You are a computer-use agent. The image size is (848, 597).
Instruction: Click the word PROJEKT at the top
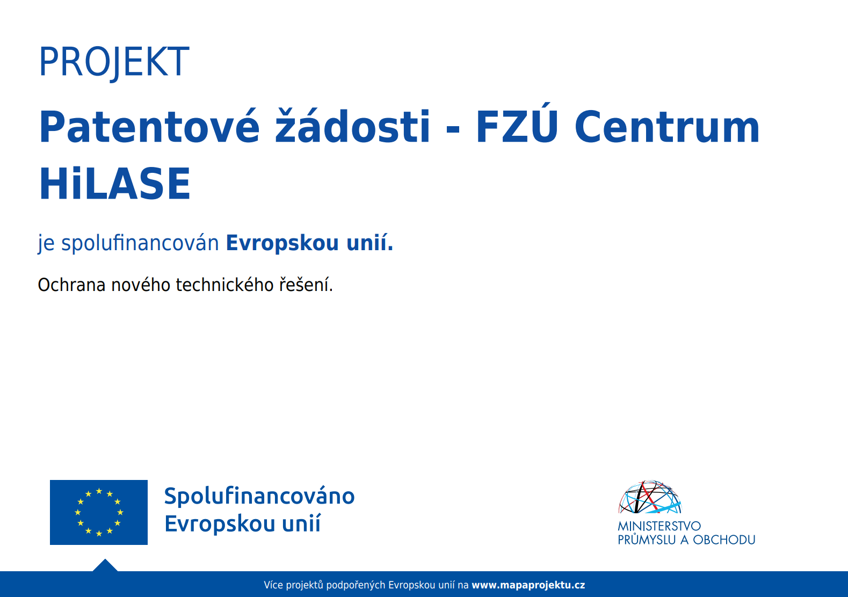click(114, 62)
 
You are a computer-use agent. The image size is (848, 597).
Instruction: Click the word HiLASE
click(115, 184)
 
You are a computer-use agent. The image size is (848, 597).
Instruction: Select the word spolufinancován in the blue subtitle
click(140, 243)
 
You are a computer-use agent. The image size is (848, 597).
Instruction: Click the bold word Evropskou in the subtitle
click(282, 243)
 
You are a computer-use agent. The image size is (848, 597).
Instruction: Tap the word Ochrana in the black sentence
click(71, 285)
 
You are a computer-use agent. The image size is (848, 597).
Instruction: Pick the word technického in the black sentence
click(224, 285)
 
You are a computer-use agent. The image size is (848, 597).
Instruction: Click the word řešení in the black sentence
click(306, 285)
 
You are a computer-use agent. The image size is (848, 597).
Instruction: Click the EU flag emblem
click(99, 512)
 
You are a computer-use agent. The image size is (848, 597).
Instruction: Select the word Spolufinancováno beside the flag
click(259, 497)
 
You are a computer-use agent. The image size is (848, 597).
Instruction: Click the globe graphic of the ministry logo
click(650, 497)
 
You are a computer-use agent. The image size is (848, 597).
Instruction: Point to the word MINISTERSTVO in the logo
click(659, 526)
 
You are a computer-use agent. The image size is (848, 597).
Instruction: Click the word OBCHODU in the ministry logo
click(724, 540)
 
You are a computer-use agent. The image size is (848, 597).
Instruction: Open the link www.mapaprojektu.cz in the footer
click(528, 585)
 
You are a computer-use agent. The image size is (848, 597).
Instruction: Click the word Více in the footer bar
click(273, 585)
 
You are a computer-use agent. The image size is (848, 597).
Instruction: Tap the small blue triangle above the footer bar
click(105, 566)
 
